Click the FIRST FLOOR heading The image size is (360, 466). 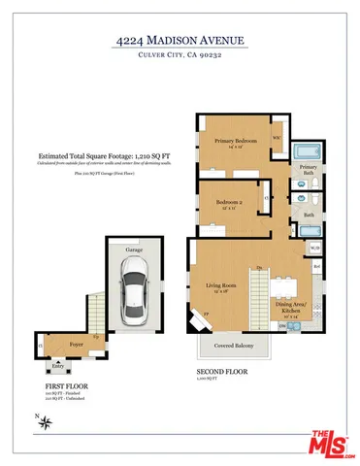pyautogui.click(x=60, y=384)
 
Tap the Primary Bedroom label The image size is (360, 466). pyautogui.click(x=235, y=142)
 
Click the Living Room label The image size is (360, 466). pyautogui.click(x=221, y=285)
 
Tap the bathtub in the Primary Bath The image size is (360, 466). pyautogui.click(x=309, y=150)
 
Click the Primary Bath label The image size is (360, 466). pyautogui.click(x=309, y=171)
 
